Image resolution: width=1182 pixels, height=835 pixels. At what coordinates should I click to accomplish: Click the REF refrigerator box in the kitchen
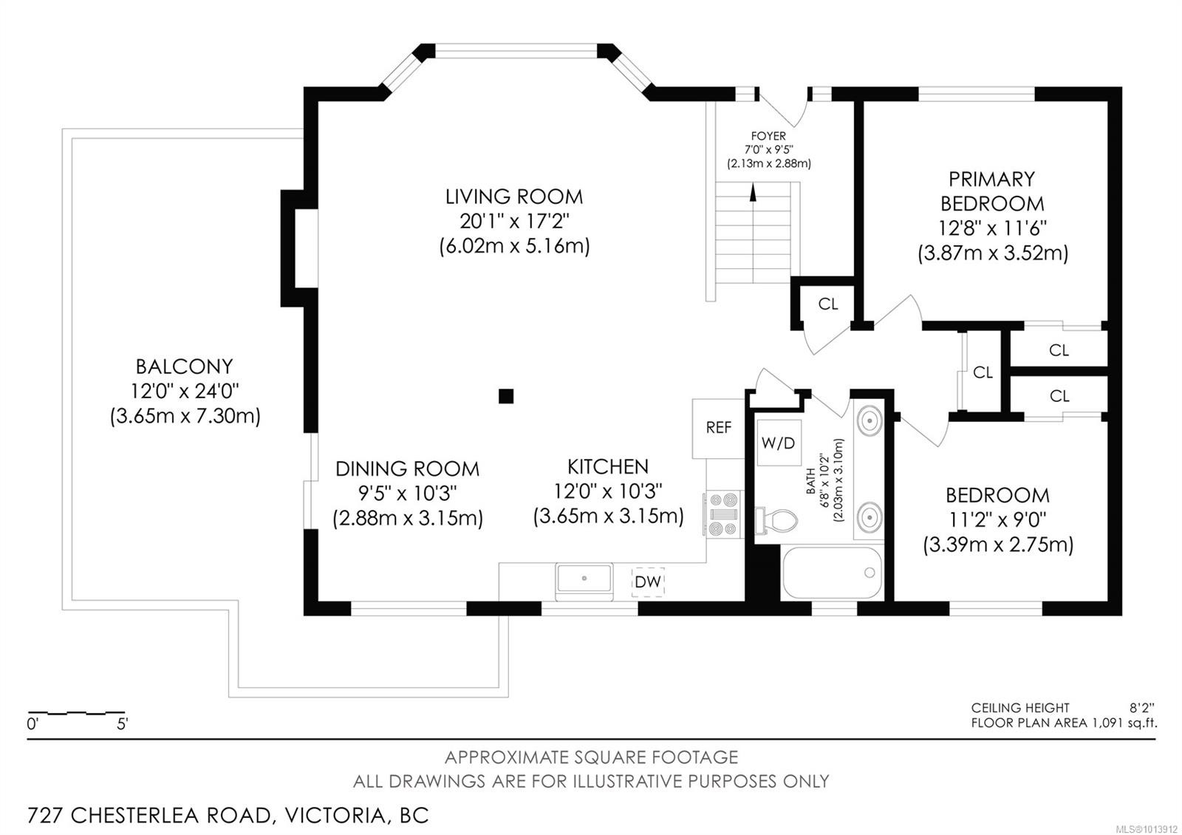[x=718, y=428]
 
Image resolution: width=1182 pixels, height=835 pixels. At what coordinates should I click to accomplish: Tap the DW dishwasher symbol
[x=648, y=582]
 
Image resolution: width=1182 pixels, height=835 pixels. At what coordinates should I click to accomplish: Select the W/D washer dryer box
[x=778, y=443]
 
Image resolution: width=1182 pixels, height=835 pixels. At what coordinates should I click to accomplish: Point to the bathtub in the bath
[x=832, y=573]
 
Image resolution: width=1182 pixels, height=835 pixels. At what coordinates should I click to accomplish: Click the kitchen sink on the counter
[x=584, y=579]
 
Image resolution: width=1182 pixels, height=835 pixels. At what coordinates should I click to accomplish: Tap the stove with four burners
[x=724, y=514]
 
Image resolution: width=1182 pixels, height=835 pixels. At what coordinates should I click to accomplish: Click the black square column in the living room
[x=505, y=396]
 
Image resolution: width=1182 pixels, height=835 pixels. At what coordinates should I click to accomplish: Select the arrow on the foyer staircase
[x=753, y=194]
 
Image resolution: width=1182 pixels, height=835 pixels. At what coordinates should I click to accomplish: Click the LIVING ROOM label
[x=513, y=197]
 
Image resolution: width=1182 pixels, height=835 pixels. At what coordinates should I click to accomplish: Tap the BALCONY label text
[x=184, y=367]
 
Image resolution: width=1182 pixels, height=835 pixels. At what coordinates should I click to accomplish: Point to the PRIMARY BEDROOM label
[x=991, y=191]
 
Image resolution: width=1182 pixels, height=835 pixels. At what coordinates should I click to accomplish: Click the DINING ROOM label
[x=407, y=468]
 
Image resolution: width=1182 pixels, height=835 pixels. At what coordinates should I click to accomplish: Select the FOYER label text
[x=768, y=136]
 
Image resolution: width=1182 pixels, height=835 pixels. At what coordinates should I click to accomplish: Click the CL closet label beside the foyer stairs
[x=828, y=304]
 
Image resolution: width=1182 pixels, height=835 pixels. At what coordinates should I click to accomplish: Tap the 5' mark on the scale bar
[x=123, y=724]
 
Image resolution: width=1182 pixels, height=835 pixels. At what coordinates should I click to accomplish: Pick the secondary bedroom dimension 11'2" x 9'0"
[x=997, y=519]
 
